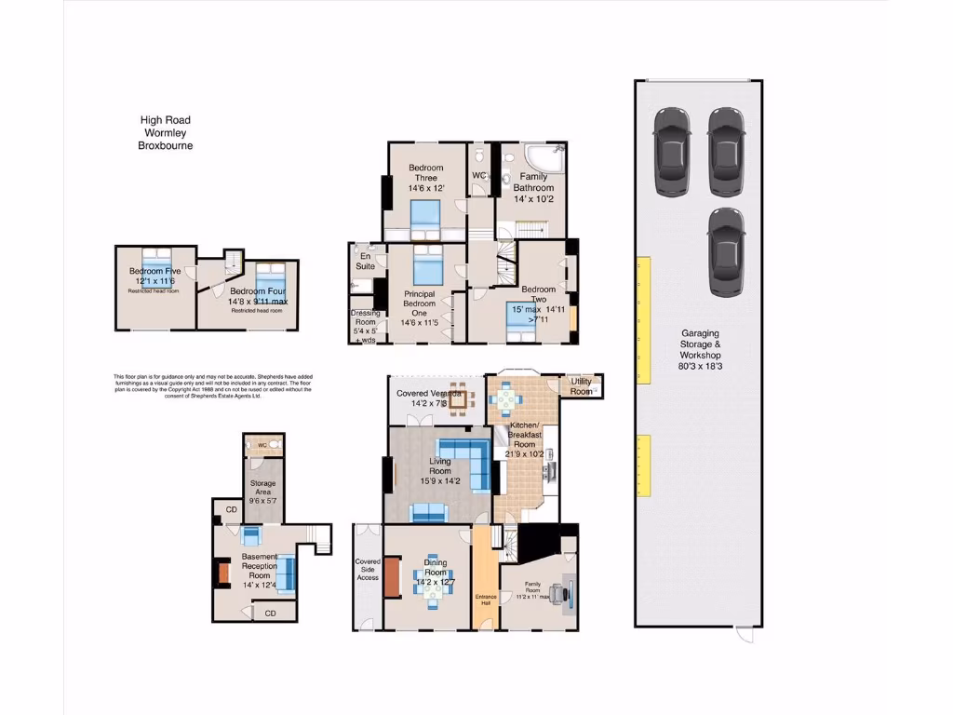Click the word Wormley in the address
pos(166,132)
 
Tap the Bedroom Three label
pos(425,173)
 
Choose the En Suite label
pos(364,262)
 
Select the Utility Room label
pos(581,386)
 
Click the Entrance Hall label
pos(485,601)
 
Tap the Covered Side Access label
pos(368,570)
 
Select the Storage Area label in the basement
pos(263,490)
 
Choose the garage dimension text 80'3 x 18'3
pos(700,366)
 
